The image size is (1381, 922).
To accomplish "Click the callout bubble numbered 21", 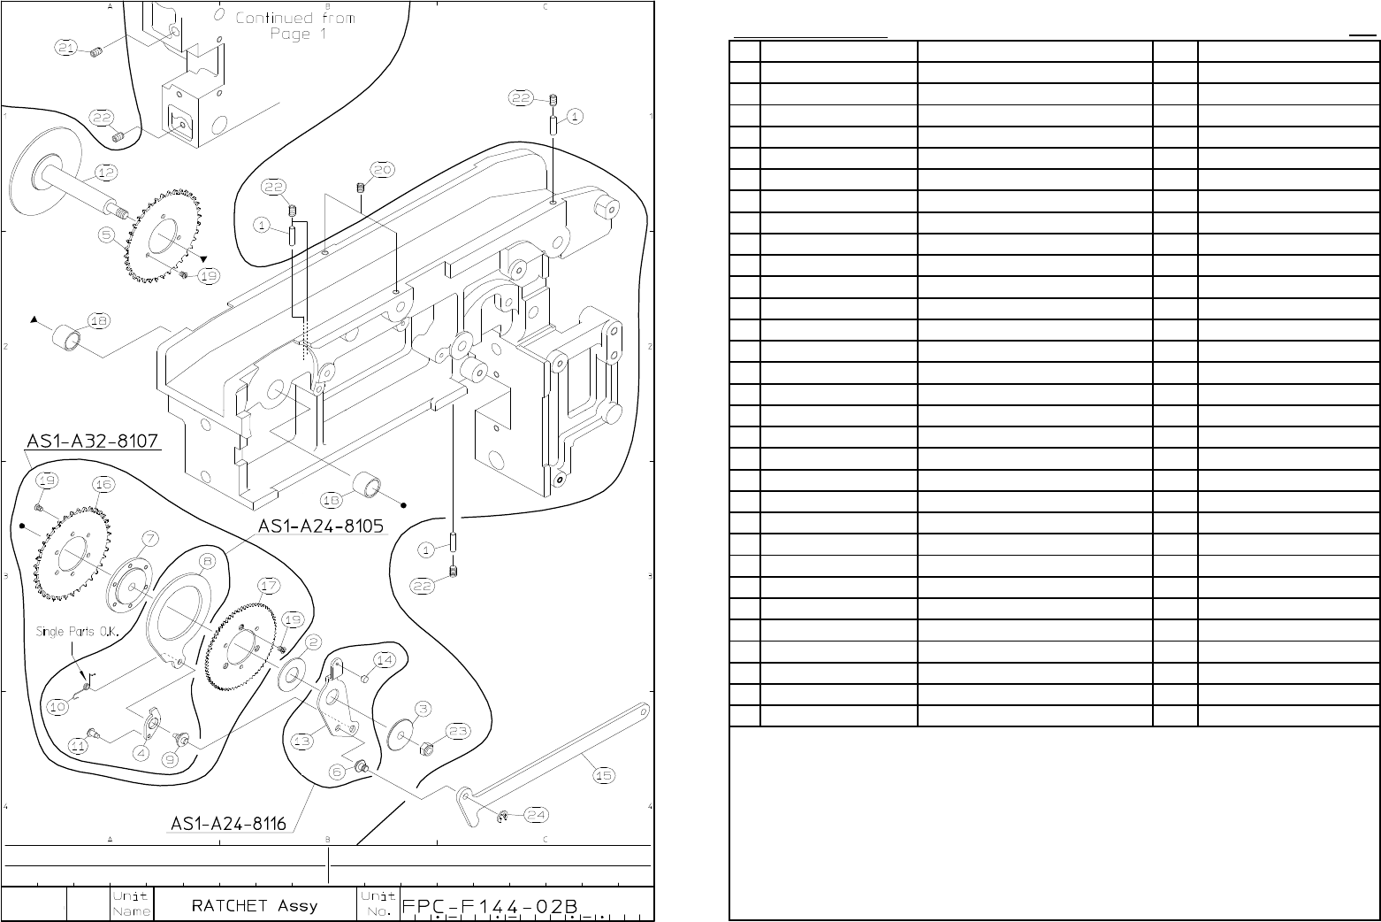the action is tap(66, 47).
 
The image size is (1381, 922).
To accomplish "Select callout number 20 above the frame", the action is tap(382, 169).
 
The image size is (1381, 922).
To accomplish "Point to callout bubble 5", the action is tap(106, 235).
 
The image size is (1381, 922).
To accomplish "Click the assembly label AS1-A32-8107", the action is tap(93, 441).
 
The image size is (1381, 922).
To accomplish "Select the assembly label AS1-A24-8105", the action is tap(321, 526).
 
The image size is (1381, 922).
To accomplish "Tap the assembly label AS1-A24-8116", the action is tap(228, 824).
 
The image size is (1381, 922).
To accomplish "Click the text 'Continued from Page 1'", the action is tap(295, 26).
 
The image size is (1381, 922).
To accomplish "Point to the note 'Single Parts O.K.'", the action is tap(81, 631).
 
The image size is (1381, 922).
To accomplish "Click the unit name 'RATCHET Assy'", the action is tap(255, 905).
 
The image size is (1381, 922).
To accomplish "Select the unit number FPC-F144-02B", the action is tap(490, 907).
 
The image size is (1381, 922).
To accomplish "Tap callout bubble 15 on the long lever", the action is tap(603, 775).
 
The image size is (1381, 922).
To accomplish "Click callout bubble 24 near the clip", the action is tap(537, 814).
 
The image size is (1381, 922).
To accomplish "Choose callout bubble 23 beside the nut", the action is tap(458, 731).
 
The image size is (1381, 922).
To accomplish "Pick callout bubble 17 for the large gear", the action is tap(269, 585).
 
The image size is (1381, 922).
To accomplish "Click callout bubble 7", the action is tap(150, 538).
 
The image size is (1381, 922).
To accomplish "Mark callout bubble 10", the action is tap(57, 706).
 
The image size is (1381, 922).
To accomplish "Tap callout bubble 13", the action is tap(302, 740).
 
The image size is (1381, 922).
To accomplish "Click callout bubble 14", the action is tap(384, 659).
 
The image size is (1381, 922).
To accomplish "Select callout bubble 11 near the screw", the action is tap(79, 746).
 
